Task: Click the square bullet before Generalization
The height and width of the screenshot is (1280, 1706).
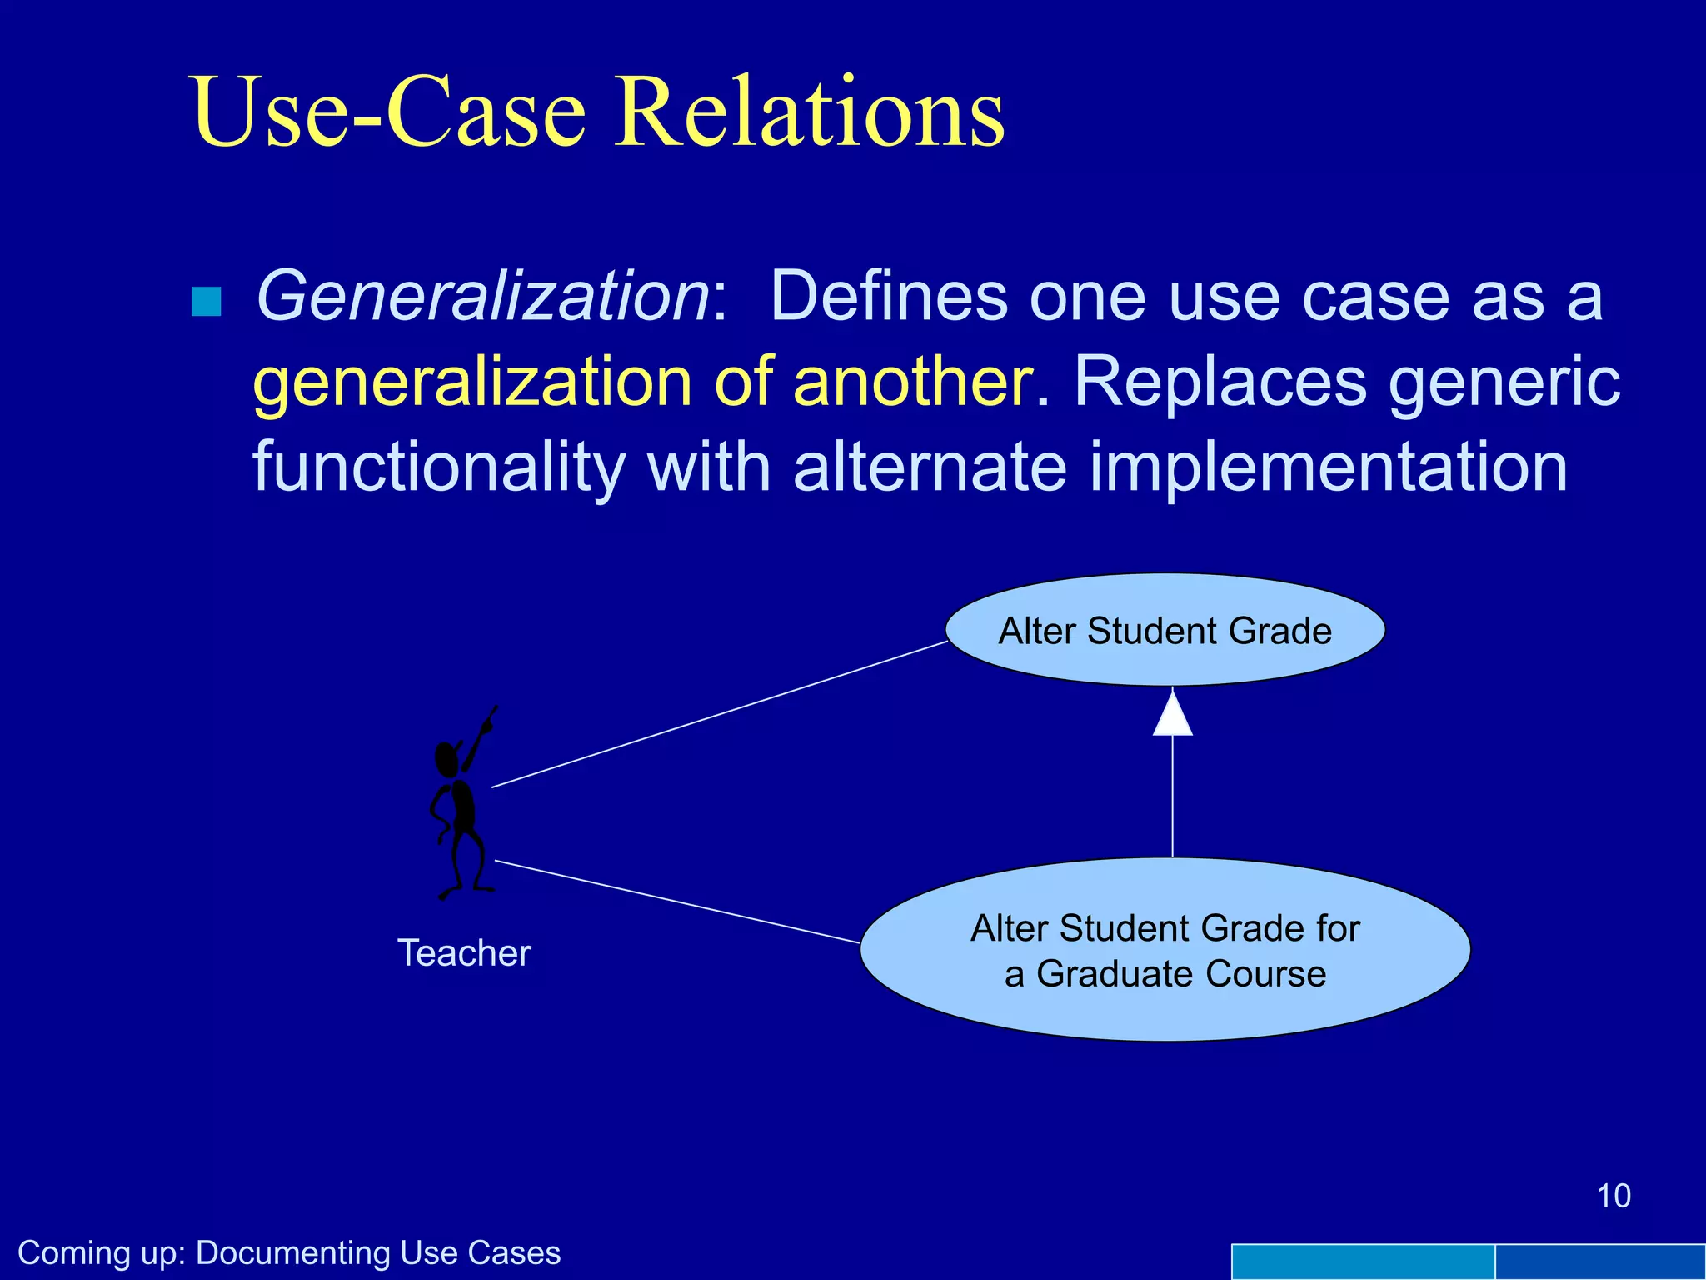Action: pos(206,301)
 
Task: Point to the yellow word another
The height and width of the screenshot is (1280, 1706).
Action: pos(911,382)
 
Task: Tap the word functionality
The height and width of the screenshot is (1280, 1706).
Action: pos(438,468)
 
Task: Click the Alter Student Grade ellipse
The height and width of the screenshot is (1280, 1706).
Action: pos(1165,631)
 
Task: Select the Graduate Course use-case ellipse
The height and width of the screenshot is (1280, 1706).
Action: pos(1165,950)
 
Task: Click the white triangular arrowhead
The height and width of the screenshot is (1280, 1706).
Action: pos(1172,717)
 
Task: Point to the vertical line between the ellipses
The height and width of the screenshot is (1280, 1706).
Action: pos(1172,796)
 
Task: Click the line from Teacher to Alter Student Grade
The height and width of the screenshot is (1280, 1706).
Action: pos(720,714)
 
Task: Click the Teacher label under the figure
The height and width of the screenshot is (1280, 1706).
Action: pos(464,953)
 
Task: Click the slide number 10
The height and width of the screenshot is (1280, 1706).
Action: pos(1613,1196)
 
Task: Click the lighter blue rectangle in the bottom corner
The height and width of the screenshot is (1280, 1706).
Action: pos(1362,1262)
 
